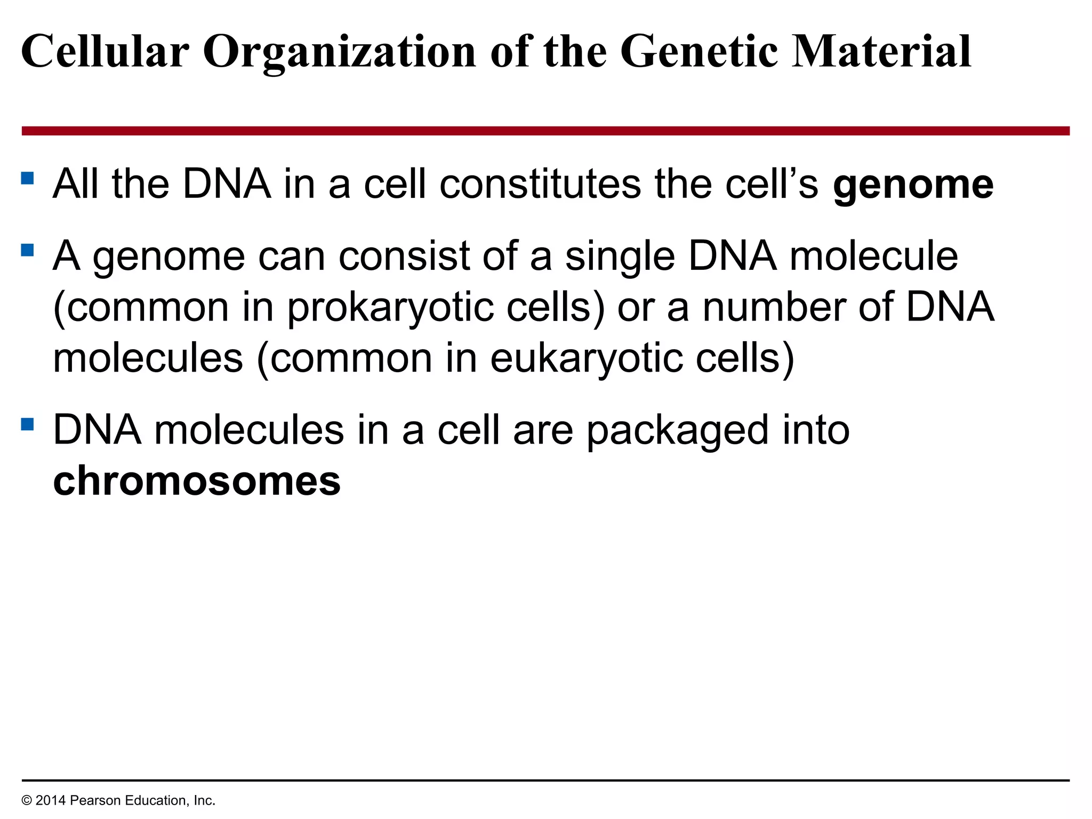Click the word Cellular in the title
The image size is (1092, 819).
tap(105, 52)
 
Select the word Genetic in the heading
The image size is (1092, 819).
tap(699, 52)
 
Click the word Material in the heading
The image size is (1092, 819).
tap(881, 52)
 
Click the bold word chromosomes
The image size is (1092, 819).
tap(197, 480)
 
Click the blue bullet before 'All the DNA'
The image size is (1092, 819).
tap(28, 178)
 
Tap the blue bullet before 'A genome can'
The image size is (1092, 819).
tap(28, 250)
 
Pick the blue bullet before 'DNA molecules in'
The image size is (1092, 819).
tap(28, 424)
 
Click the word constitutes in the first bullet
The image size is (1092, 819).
tap(540, 184)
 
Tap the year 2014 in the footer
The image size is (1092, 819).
tap(51, 800)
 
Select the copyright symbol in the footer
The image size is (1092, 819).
tap(27, 800)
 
